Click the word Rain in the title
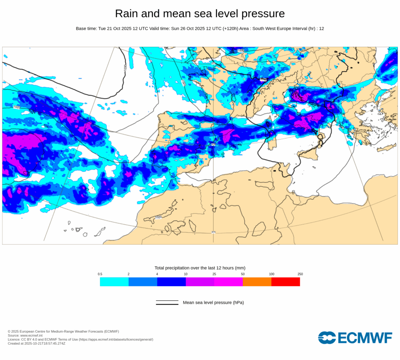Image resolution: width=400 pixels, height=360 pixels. pyautogui.click(x=127, y=14)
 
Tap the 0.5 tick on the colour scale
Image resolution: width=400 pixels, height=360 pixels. pyautogui.click(x=100, y=274)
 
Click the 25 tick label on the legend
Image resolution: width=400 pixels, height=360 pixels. pyautogui.click(x=214, y=274)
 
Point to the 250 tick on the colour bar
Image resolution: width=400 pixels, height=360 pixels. pyautogui.click(x=300, y=274)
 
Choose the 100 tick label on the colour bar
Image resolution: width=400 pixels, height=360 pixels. pyautogui.click(x=271, y=274)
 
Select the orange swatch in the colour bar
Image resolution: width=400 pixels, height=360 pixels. pyautogui.click(x=257, y=282)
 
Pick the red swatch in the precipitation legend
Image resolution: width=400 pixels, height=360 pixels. pyautogui.click(x=286, y=282)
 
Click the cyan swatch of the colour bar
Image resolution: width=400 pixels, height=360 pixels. pyautogui.click(x=114, y=282)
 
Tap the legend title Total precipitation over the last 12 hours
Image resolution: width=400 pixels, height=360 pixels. pyautogui.click(x=200, y=268)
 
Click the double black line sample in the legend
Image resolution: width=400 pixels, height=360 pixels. pyautogui.click(x=167, y=303)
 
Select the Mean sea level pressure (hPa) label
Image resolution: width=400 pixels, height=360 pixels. pyautogui.click(x=213, y=303)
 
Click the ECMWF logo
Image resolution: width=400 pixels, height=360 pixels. pyautogui.click(x=355, y=338)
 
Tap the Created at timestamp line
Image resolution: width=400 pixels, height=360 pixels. pyautogui.click(x=36, y=344)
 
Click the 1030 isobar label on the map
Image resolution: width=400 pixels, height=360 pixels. pyautogui.click(x=125, y=67)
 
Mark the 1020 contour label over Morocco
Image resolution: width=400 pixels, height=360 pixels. pyautogui.click(x=158, y=217)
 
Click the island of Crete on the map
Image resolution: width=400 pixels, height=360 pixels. pyautogui.click(x=387, y=148)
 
